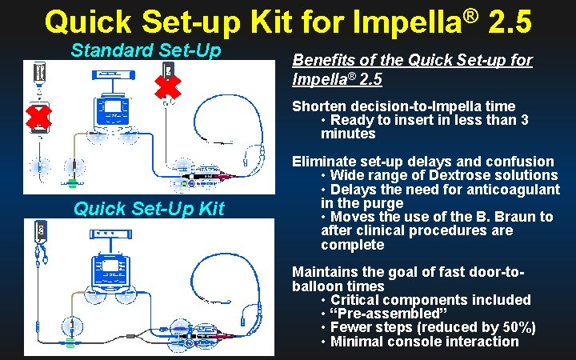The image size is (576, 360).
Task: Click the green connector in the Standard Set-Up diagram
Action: tap(72, 183)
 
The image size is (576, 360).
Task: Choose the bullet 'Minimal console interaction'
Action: tap(424, 342)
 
